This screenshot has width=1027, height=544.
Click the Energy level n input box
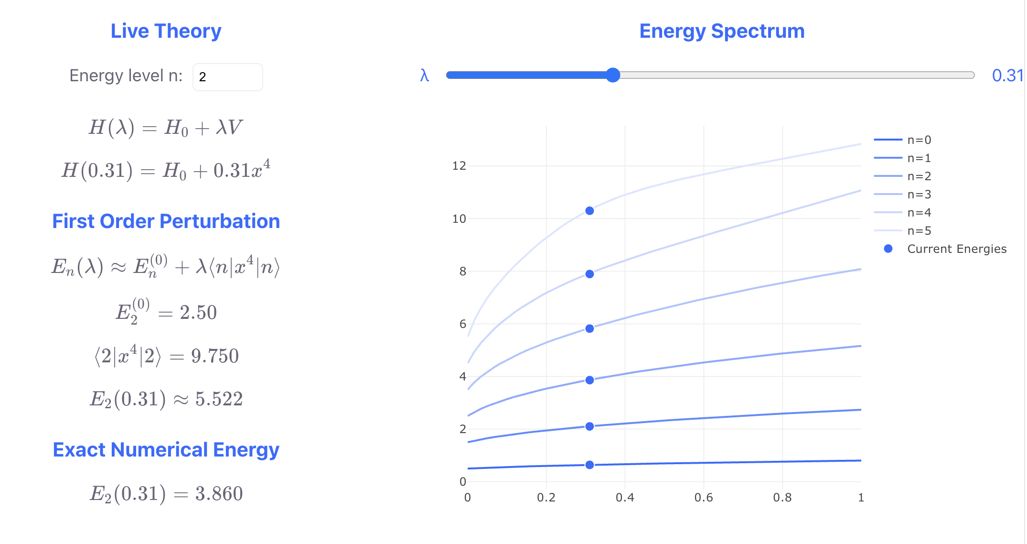227,77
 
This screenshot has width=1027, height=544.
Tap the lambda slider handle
613,75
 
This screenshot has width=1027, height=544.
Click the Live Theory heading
166,31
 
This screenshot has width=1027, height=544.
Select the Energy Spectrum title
722,31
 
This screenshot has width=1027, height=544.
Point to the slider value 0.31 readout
1007,76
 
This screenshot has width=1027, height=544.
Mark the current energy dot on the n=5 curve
589,211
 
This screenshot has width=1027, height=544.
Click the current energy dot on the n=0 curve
589,465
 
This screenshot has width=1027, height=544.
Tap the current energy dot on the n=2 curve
589,380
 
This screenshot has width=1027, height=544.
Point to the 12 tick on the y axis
459,166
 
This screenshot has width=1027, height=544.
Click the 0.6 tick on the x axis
704,498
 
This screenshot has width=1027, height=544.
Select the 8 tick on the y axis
462,272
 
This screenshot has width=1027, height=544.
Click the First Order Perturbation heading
166,221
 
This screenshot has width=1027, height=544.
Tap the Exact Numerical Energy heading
166,450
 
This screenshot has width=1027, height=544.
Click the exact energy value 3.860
219,493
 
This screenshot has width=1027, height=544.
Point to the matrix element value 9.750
214,356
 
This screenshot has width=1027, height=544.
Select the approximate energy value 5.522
219,399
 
